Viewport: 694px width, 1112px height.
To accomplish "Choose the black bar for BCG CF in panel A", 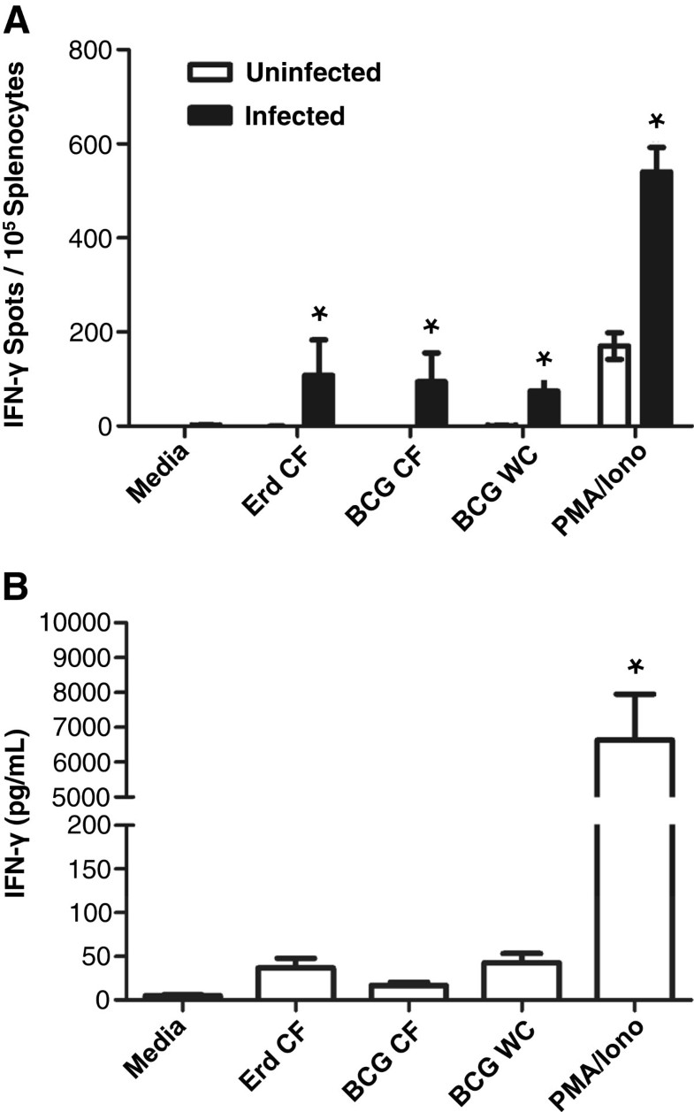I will pos(431,403).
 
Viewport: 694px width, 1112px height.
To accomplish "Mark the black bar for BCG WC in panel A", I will pos(543,408).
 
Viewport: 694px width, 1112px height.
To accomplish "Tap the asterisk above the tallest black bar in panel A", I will pos(655,120).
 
